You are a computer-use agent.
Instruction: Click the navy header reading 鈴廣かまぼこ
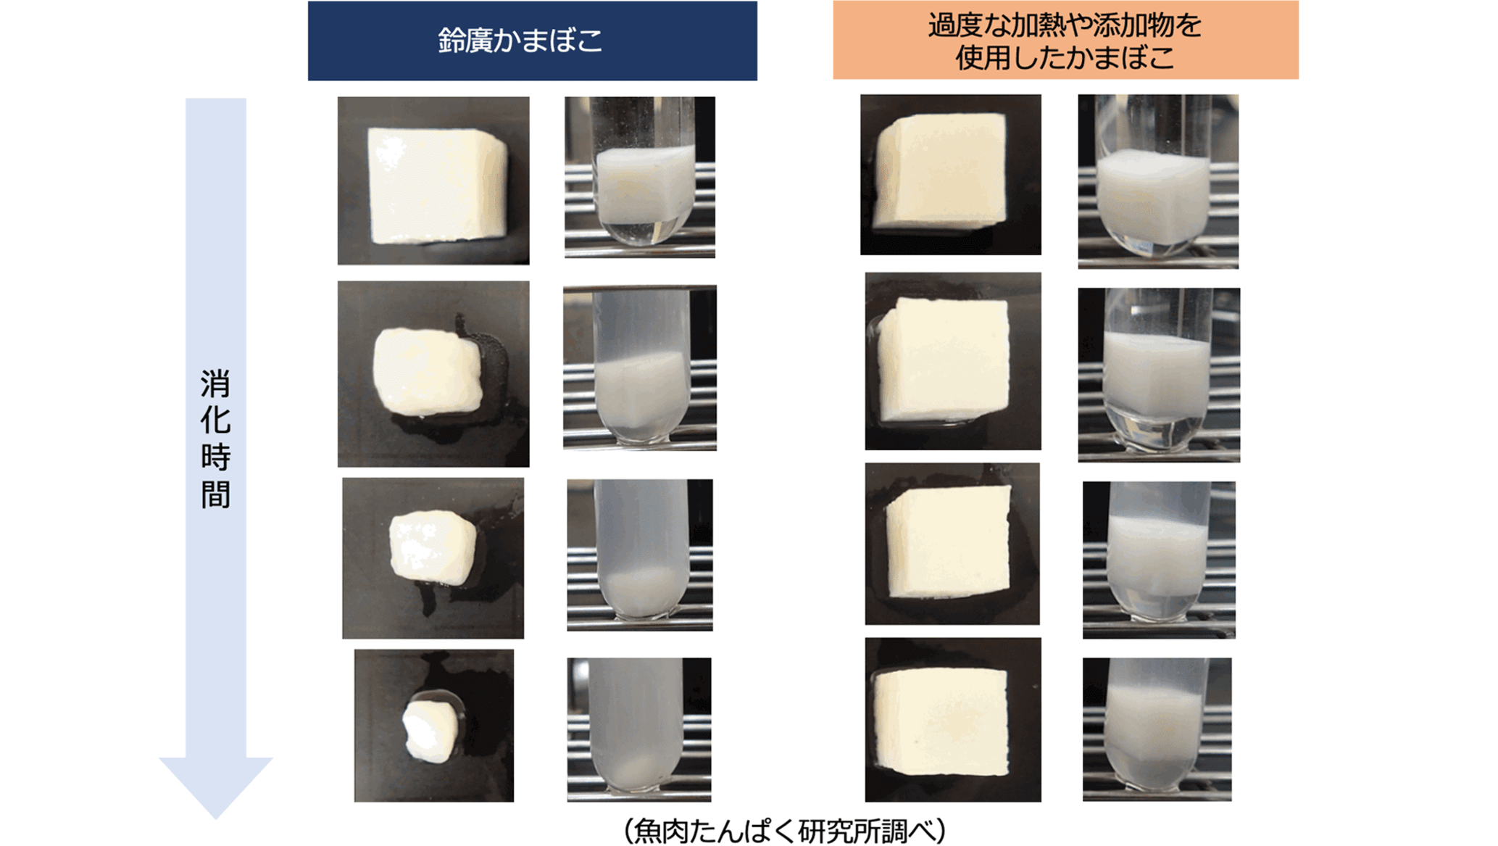[x=532, y=41]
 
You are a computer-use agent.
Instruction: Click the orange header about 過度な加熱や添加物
[x=1065, y=40]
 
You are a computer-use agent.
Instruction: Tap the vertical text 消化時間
[x=215, y=439]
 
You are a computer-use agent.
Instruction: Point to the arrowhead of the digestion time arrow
[x=215, y=787]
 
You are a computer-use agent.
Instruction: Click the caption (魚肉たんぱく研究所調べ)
[x=785, y=830]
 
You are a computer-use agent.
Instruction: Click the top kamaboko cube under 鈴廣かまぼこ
[x=437, y=185]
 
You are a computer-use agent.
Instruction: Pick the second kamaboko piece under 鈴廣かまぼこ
[x=428, y=372]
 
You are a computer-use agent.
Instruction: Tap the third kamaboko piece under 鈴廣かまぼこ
[x=433, y=547]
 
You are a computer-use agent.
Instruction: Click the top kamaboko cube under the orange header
[x=940, y=171]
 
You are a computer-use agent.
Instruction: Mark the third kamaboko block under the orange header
[x=947, y=543]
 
